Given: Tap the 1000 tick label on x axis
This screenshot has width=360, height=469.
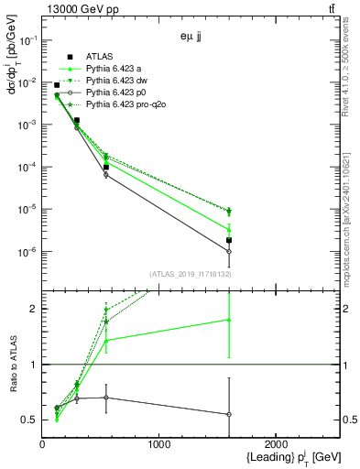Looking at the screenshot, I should (x=158, y=444).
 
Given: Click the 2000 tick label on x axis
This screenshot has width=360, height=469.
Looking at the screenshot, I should (x=276, y=444).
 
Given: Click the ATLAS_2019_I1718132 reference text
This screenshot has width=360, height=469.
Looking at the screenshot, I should (x=183, y=274).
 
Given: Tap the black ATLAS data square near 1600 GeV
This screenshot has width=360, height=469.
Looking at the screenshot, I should (x=229, y=240).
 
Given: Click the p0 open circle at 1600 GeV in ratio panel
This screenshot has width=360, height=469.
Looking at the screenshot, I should (x=229, y=414).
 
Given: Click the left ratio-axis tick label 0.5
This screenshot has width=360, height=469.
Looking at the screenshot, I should (x=30, y=420).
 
